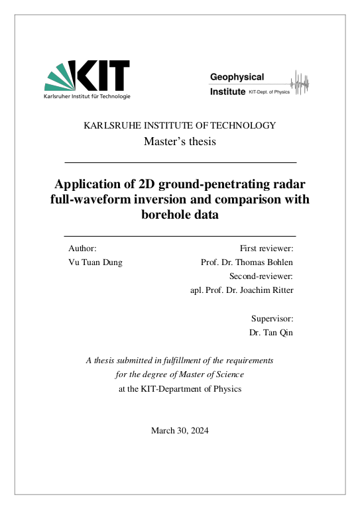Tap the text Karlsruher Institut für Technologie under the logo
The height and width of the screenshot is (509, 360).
[87, 96]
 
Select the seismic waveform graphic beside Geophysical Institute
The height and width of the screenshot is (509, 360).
[302, 83]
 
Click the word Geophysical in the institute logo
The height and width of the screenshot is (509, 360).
[237, 78]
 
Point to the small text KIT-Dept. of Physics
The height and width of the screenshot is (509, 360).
[269, 92]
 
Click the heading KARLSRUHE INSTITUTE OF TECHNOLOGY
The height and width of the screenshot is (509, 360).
[180, 125]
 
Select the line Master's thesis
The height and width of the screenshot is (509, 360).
[180, 141]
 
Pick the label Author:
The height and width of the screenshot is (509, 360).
[83, 248]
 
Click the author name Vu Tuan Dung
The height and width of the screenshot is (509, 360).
[95, 262]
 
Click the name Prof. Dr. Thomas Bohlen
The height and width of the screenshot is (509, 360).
[247, 262]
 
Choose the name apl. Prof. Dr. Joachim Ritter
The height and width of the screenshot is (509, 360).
[241, 290]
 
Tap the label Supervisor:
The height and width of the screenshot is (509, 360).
[272, 318]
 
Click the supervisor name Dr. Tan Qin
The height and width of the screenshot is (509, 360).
[271, 332]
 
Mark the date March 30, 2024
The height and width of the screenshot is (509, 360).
[180, 431]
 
